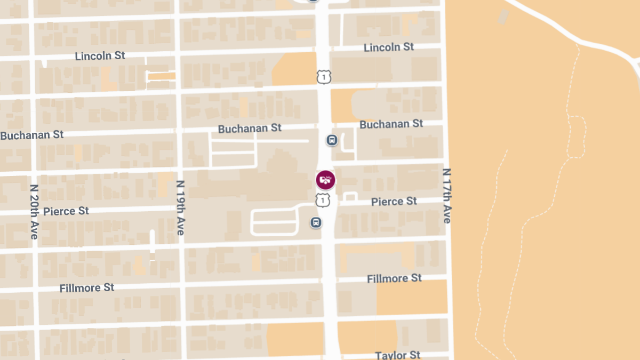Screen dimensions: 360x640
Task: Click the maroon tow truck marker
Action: [325, 180]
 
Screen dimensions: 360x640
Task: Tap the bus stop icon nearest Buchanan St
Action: [332, 140]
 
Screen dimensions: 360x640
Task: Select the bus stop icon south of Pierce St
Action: [316, 222]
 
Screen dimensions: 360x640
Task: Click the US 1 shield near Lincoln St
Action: [324, 77]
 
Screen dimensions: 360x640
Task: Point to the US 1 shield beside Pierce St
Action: [323, 200]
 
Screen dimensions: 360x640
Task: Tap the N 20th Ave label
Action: [35, 211]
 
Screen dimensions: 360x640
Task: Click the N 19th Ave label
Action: [180, 208]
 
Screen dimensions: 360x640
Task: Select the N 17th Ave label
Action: [446, 196]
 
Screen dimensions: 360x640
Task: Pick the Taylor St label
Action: [398, 355]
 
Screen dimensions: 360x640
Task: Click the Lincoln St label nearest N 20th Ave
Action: [100, 55]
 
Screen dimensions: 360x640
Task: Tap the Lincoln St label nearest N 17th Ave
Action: [389, 47]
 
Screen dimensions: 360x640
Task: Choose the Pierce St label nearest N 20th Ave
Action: [66, 211]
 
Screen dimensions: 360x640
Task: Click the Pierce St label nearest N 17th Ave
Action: [394, 201]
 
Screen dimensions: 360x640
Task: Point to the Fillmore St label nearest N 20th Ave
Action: [87, 288]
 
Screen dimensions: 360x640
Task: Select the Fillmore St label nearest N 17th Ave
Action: [395, 278]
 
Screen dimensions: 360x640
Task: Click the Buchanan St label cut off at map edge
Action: [32, 135]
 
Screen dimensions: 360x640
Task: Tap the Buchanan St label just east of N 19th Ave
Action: [250, 129]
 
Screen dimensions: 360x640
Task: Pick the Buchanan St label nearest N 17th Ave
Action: [391, 124]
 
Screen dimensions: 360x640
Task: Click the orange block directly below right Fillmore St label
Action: [412, 297]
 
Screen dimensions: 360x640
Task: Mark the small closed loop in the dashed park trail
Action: [576, 137]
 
